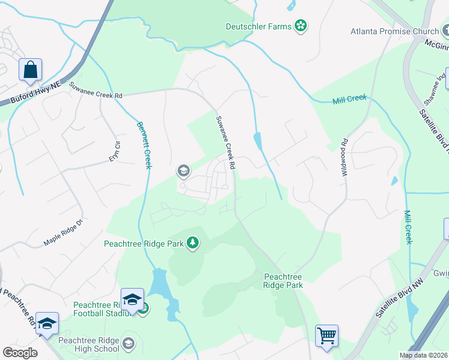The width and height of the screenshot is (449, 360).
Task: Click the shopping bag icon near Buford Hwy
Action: point(29,70)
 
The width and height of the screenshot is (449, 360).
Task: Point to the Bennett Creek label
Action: point(144,145)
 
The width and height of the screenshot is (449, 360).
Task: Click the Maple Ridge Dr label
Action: point(62,234)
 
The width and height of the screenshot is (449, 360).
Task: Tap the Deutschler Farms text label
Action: point(258,26)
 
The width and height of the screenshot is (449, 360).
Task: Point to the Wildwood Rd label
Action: point(345,151)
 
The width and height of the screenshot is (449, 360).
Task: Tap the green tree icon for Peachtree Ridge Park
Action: point(193,243)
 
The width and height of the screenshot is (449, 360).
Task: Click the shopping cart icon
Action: point(327,335)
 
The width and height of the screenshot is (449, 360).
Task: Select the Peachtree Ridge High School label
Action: point(89,344)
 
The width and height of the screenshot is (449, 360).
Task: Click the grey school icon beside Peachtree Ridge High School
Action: point(128,344)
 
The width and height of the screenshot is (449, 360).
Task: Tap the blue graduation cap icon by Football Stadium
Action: point(132,299)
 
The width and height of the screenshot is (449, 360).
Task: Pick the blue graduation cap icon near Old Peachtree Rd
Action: point(47,323)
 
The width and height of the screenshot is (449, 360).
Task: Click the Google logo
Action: point(20,353)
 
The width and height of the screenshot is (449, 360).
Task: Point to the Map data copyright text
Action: point(423,355)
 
